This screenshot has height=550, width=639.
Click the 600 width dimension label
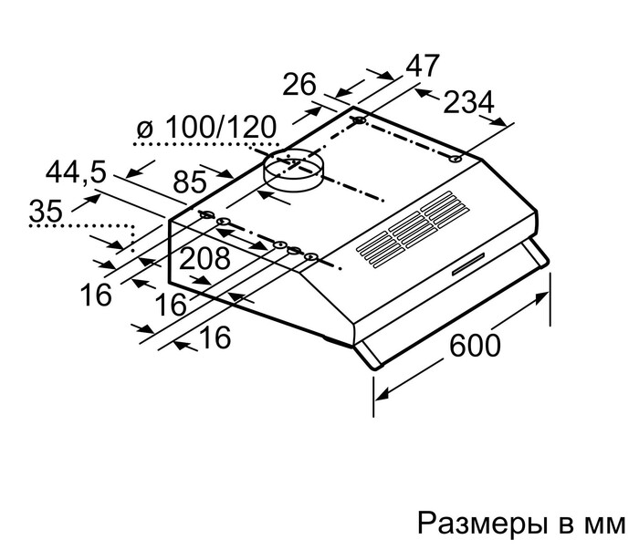(x=475, y=346)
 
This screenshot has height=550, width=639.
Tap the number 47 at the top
(x=421, y=66)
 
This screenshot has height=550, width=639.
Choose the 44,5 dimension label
(x=74, y=171)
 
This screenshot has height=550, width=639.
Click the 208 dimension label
(x=204, y=259)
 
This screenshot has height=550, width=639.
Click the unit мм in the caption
(x=603, y=524)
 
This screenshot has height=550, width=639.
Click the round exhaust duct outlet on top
(x=293, y=170)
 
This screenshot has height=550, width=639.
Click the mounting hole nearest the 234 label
(x=454, y=159)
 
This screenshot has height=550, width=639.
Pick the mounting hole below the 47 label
(x=360, y=120)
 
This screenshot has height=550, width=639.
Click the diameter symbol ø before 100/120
(x=143, y=130)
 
